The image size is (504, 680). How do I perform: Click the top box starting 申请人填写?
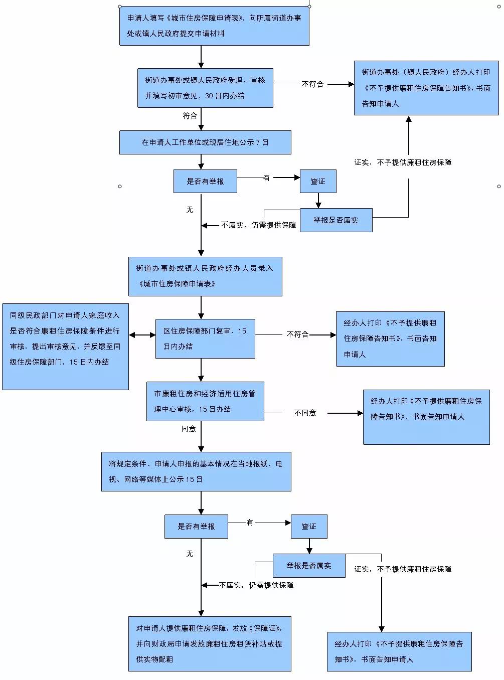click(214, 26)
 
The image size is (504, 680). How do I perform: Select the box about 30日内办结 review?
click(205, 88)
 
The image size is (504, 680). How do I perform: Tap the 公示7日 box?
click(205, 142)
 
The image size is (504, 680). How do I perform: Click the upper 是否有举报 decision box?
click(205, 181)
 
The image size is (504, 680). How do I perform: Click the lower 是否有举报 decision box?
click(196, 527)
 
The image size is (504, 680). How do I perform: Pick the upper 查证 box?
click(318, 181)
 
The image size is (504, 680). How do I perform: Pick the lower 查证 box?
click(309, 527)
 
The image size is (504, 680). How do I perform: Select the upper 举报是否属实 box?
click(336, 220)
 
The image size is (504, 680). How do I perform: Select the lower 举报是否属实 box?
click(309, 566)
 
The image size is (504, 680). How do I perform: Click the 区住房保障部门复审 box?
click(205, 338)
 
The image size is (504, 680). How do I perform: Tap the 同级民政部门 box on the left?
click(65, 347)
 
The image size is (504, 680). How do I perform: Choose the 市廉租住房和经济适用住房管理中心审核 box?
click(205, 401)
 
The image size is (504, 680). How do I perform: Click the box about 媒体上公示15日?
click(196, 471)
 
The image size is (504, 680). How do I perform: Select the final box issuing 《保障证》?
click(210, 643)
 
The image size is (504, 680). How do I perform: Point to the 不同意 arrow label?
click(305, 413)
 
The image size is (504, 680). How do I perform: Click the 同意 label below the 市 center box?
click(189, 429)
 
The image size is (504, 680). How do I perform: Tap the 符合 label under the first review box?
click(190, 116)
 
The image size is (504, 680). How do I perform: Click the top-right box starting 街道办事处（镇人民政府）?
click(426, 88)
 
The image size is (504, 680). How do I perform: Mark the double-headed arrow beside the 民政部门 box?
click(142, 335)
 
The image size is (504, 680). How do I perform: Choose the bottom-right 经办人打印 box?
click(399, 651)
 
